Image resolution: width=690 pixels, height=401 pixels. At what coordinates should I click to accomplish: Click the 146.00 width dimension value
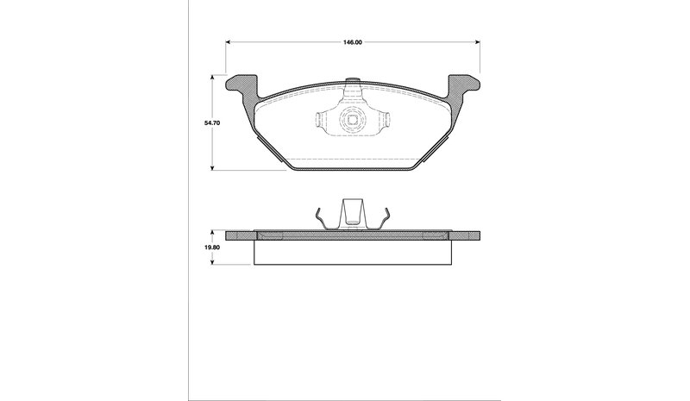click(x=353, y=42)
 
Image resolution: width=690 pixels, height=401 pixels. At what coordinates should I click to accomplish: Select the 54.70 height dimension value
click(x=211, y=122)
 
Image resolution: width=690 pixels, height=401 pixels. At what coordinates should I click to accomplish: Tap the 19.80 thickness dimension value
click(x=211, y=247)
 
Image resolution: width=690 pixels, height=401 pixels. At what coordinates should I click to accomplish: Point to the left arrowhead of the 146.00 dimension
click(x=228, y=42)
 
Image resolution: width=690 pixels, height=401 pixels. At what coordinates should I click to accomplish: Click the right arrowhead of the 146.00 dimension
click(x=478, y=42)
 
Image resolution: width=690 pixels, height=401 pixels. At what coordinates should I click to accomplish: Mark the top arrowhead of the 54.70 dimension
click(x=212, y=77)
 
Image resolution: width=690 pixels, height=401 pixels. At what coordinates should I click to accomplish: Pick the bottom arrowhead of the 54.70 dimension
click(x=212, y=167)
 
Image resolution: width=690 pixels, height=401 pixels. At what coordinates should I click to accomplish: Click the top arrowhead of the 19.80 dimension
click(x=212, y=231)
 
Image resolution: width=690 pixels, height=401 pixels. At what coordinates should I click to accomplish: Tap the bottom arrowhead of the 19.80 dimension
click(x=212, y=262)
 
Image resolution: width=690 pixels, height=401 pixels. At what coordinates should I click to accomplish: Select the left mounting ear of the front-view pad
click(x=242, y=86)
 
